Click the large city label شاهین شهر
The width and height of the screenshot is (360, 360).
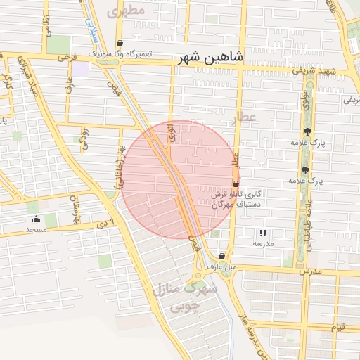[210, 57]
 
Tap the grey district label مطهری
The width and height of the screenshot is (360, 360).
[126, 11]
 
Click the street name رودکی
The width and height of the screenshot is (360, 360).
[84, 137]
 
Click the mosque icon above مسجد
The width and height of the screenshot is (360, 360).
[36, 219]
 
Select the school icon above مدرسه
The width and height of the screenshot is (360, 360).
[263, 233]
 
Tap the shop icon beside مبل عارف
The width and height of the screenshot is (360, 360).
[222, 256]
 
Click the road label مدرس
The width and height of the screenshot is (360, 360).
[309, 270]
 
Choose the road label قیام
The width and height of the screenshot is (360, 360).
[337, 327]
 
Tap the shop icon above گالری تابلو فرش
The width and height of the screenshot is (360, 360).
[236, 184]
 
